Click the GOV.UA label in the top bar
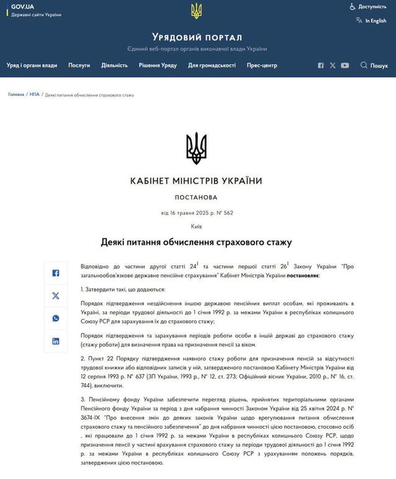22,6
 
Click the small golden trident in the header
197,11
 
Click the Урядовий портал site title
197,37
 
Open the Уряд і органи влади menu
32,65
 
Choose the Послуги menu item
79,65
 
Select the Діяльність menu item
114,65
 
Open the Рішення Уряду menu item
158,65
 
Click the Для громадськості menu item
212,65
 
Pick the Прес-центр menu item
262,65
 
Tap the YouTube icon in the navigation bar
345,65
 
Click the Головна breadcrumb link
16,95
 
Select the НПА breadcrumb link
35,95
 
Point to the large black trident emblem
196,148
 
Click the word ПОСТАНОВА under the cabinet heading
196,198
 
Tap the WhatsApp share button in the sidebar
56,319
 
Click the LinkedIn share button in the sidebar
56,341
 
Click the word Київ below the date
196,227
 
